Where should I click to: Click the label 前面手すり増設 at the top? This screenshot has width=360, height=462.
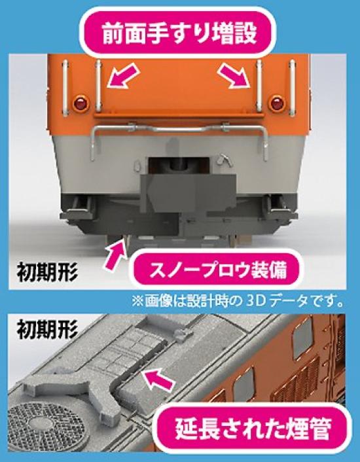[x=179, y=35]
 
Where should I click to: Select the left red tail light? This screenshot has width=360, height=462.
[x=81, y=103]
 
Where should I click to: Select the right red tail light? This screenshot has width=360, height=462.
[x=276, y=103]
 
